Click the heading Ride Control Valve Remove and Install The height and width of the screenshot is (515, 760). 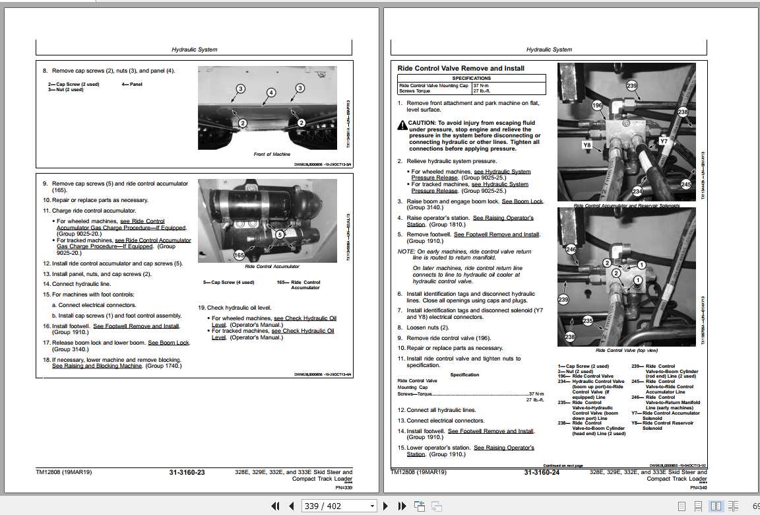(x=460, y=69)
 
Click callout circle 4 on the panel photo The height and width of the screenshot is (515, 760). (x=270, y=92)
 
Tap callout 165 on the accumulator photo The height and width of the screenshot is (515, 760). (x=239, y=255)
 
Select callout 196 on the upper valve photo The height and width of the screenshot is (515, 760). (x=597, y=106)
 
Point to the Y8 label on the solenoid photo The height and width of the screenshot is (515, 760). (x=586, y=144)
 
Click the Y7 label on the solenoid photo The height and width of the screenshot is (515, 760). (x=664, y=141)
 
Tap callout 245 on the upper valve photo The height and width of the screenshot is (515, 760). (x=686, y=185)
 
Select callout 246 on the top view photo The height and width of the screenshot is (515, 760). (x=571, y=250)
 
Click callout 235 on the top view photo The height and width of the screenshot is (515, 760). (x=588, y=321)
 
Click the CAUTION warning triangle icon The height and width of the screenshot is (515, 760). (x=402, y=124)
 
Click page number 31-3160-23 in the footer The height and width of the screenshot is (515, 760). (x=187, y=473)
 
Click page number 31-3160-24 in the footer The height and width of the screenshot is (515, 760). (x=542, y=473)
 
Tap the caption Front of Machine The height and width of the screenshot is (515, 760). (x=272, y=154)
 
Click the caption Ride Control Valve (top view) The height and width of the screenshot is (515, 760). (x=626, y=351)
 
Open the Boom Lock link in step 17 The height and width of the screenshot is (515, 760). (x=168, y=343)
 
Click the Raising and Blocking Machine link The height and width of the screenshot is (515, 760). (x=97, y=366)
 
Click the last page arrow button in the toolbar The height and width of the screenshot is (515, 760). (x=402, y=506)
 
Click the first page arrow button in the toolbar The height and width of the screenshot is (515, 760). (x=276, y=506)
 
